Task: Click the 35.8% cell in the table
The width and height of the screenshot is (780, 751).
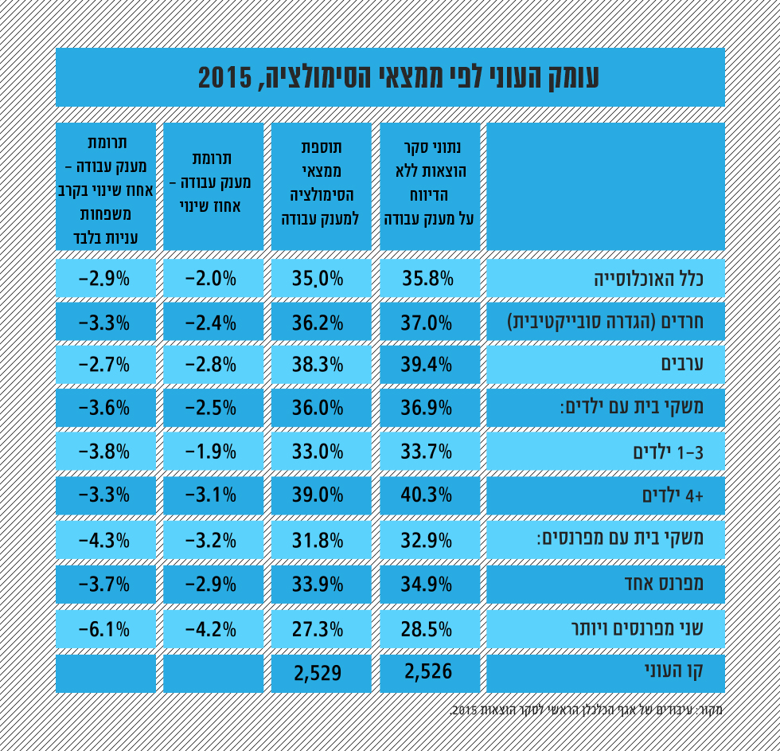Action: pyautogui.click(x=429, y=279)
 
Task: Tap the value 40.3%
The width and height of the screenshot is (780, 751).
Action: pyautogui.click(x=429, y=495)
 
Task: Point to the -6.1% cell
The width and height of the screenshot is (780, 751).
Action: pyautogui.click(x=104, y=629)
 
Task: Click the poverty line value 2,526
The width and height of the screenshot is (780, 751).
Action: pyautogui.click(x=429, y=672)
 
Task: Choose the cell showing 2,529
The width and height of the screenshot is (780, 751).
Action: pyautogui.click(x=318, y=673)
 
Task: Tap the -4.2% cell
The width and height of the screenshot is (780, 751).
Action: pyautogui.click(x=211, y=629)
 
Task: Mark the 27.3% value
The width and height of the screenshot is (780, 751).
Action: pyautogui.click(x=318, y=629)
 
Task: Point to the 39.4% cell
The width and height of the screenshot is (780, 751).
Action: pyautogui.click(x=429, y=365)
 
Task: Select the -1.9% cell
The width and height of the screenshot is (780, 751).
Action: pyautogui.click(x=211, y=452)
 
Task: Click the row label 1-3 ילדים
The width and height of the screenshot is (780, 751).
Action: pyautogui.click(x=667, y=452)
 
